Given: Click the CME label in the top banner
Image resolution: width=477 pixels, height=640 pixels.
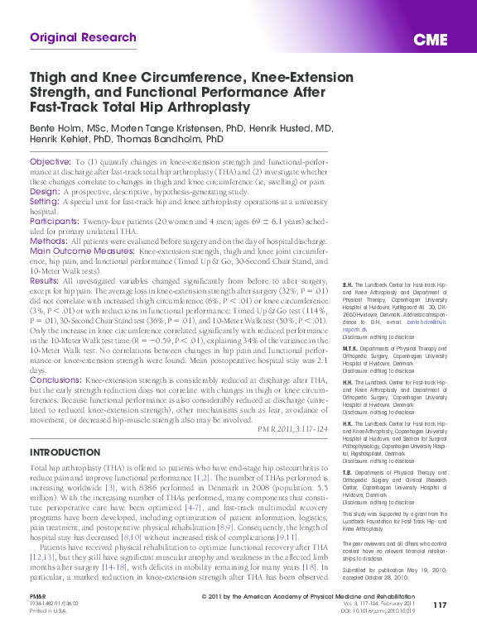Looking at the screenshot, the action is point(431,40).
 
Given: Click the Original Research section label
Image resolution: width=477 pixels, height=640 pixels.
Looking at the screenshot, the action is point(83,38).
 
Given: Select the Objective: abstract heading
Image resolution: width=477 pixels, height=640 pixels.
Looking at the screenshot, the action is point(50,161).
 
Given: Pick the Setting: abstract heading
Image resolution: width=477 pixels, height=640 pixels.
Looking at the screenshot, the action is point(45,201).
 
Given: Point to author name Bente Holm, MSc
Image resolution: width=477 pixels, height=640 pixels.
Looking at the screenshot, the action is point(68,129).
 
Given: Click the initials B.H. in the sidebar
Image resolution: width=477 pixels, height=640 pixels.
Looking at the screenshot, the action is point(347,283).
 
